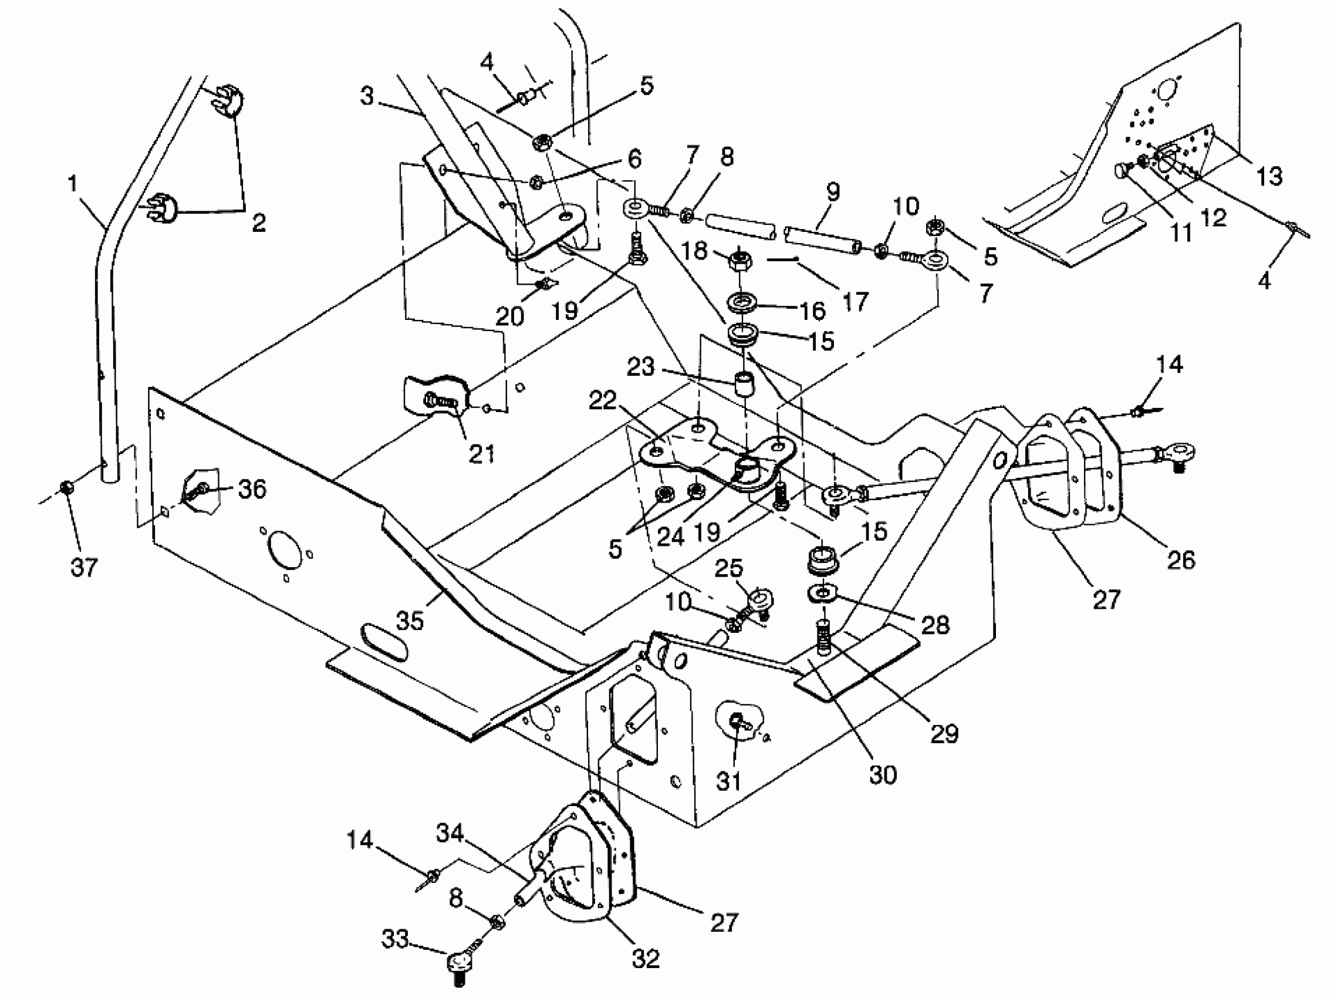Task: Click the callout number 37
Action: click(84, 567)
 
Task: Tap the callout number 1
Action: click(73, 183)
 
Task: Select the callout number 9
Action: click(832, 192)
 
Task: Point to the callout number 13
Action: click(1269, 176)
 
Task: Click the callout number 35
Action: click(410, 621)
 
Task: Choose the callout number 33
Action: click(395, 939)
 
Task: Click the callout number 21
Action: click(481, 453)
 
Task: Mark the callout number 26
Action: click(1181, 560)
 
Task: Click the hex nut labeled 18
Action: click(739, 261)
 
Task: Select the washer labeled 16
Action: click(741, 303)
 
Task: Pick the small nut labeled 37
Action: click(67, 486)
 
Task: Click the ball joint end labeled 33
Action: click(457, 960)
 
